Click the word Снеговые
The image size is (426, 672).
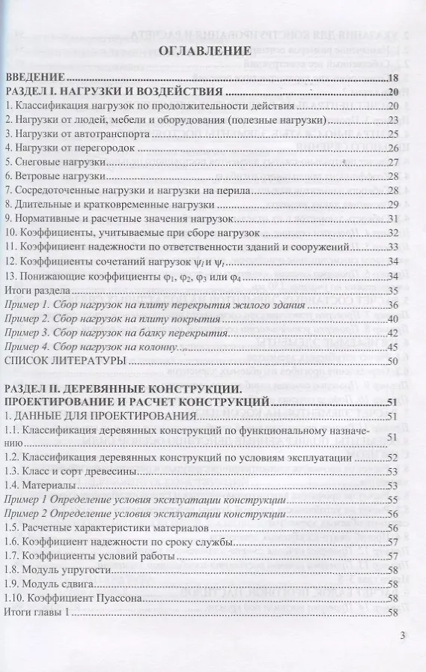click(x=34, y=162)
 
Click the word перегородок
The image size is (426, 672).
click(x=100, y=148)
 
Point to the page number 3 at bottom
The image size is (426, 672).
click(x=403, y=638)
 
